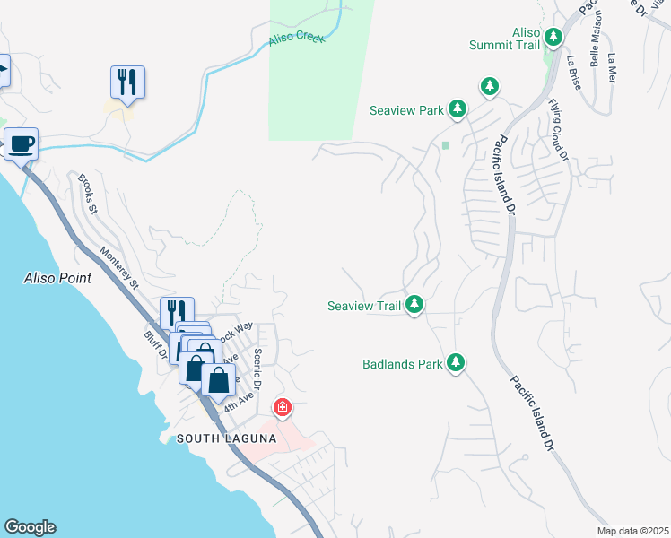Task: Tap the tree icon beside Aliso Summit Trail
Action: (554, 37)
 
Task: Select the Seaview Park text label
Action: (407, 110)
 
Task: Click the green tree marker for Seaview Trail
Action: (414, 306)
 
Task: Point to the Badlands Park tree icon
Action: (457, 363)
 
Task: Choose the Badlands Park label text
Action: (403, 364)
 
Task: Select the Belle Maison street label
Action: (595, 45)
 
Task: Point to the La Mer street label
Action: (613, 67)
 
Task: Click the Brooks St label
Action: (87, 195)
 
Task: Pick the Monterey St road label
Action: (120, 268)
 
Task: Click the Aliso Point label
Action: (57, 278)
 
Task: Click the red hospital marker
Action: (283, 408)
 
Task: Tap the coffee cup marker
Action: (21, 143)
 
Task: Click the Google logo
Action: (30, 527)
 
